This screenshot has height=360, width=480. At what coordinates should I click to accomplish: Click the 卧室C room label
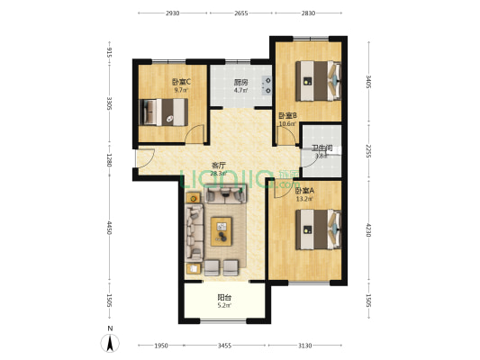(x=181, y=82)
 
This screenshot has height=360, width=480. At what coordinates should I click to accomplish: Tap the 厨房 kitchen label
(x=240, y=82)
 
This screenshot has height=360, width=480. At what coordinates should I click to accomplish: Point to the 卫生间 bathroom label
(x=322, y=148)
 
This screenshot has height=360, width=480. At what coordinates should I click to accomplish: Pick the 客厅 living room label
(x=218, y=165)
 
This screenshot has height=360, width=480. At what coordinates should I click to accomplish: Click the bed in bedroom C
(x=164, y=112)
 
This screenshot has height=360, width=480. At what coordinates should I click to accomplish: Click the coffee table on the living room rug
(x=222, y=231)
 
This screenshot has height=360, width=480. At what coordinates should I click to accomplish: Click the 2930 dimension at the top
(x=173, y=13)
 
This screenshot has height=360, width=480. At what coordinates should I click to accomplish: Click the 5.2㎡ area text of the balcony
(x=223, y=306)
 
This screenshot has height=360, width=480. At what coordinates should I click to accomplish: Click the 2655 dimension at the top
(x=240, y=13)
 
